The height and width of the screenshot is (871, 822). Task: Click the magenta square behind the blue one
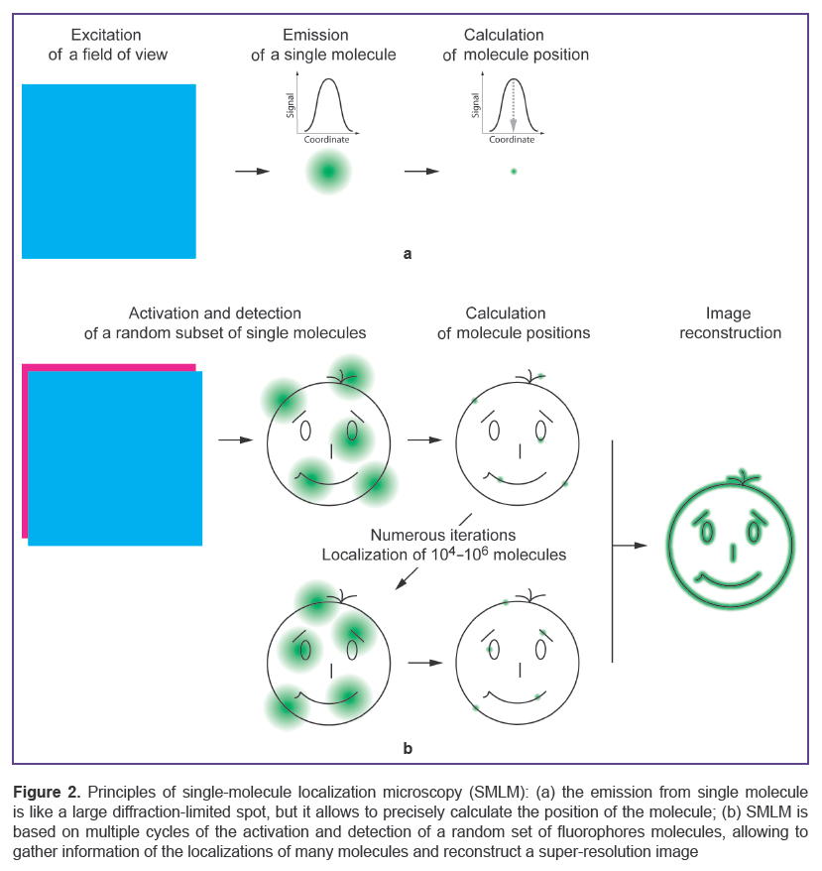pos(25,450)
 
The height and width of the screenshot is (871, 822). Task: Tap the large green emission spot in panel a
pos(328,171)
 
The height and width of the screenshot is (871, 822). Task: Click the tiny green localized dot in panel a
pos(514,171)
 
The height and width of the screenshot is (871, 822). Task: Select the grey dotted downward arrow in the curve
pos(514,105)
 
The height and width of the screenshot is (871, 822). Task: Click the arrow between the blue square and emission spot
pos(252,171)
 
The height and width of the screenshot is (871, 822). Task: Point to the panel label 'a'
pos(408,254)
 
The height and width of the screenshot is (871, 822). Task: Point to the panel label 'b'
pos(408,748)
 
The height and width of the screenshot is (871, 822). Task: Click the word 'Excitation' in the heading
pos(106,35)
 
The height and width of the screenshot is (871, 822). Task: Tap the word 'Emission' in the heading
pos(315,35)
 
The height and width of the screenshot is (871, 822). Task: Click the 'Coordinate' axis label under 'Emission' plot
pos(326,140)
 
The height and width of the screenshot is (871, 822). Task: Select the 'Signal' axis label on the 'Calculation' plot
pos(475,105)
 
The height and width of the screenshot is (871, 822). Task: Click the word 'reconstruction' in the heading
pos(731,332)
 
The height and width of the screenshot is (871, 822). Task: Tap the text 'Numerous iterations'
pos(442,535)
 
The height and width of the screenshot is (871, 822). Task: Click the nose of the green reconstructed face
pos(733,553)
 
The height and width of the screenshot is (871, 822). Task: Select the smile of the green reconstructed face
pos(729,580)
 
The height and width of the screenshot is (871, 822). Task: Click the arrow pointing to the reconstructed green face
pos(630,546)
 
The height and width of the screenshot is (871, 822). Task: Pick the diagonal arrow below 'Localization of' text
pos(407,578)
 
